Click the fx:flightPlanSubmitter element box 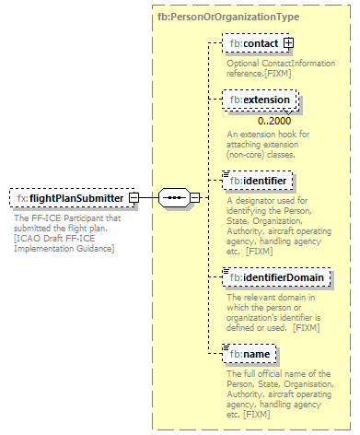69,197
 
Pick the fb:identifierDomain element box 276,276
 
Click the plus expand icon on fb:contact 288,42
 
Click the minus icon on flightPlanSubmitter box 134,197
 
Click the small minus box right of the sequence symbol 194,197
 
